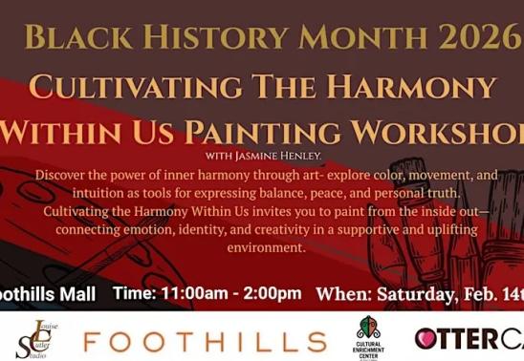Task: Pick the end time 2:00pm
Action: pyautogui.click(x=271, y=293)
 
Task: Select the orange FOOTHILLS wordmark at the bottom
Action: pyautogui.click(x=204, y=339)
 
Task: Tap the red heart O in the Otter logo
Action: pyautogui.click(x=426, y=338)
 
